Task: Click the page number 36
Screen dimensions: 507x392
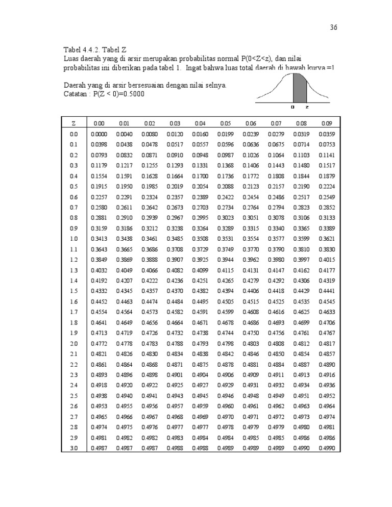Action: (333, 28)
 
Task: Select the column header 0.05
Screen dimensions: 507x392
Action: (225, 123)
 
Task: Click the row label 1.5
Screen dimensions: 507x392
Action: (74, 290)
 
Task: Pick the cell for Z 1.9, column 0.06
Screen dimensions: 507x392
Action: (250, 333)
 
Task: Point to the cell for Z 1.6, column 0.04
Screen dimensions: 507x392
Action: (200, 301)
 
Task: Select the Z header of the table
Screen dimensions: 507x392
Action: (74, 123)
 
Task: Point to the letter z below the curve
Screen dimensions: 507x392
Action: (306, 108)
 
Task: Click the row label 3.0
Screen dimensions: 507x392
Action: (74, 448)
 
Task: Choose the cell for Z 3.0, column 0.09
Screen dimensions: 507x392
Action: (326, 448)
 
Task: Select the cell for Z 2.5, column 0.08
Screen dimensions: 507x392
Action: (301, 395)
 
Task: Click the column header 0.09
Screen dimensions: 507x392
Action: (326, 123)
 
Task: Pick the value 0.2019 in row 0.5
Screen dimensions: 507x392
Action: (174, 186)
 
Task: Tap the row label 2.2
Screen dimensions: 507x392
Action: (74, 364)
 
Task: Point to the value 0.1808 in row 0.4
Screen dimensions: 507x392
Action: (276, 175)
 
